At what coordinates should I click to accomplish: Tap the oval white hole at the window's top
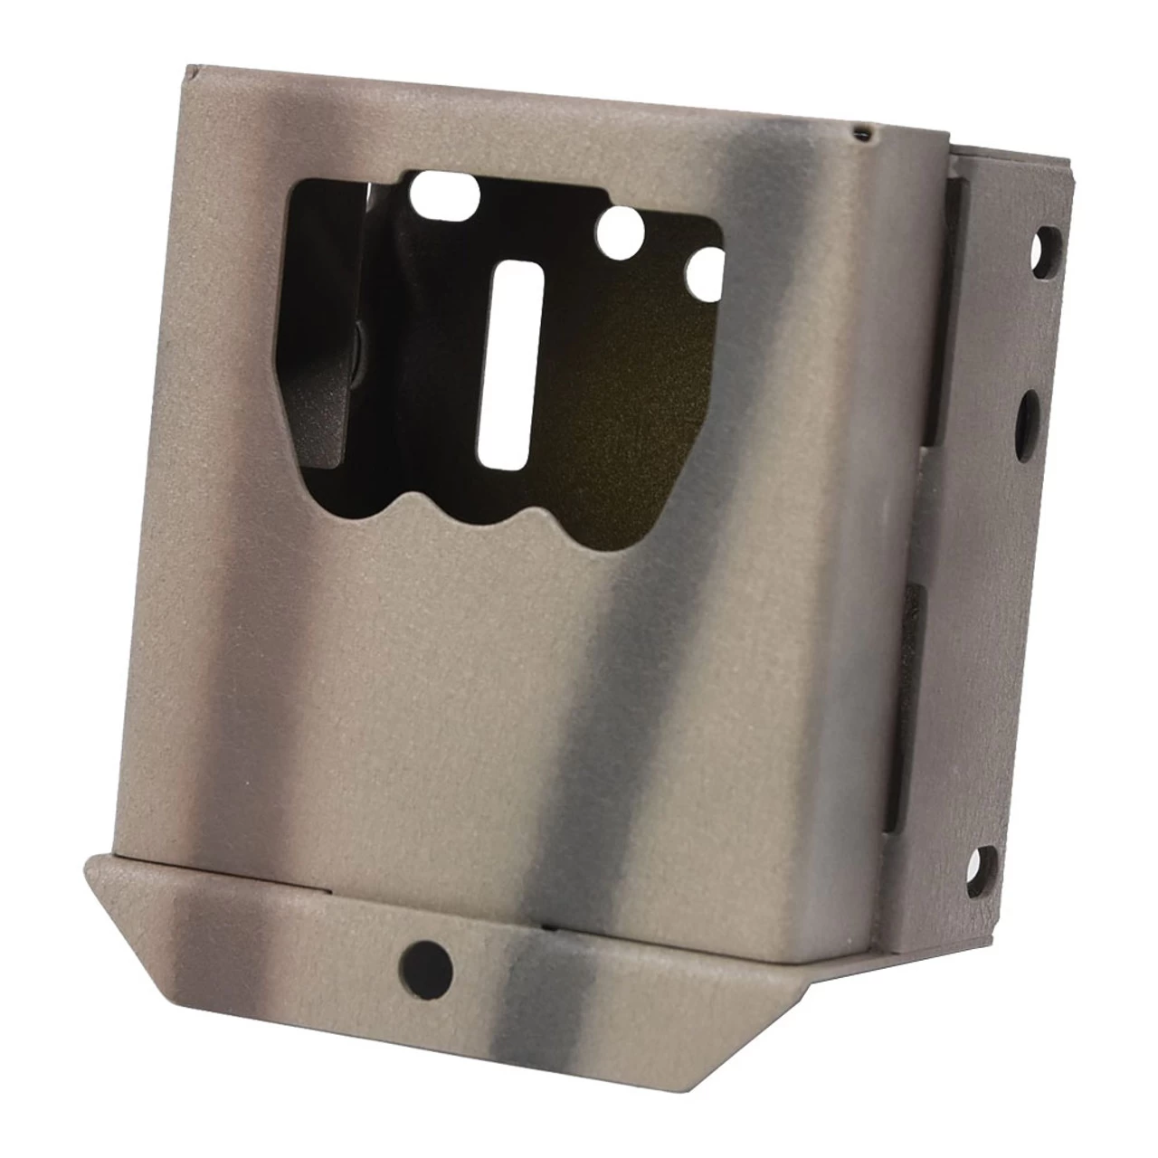[444, 191]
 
